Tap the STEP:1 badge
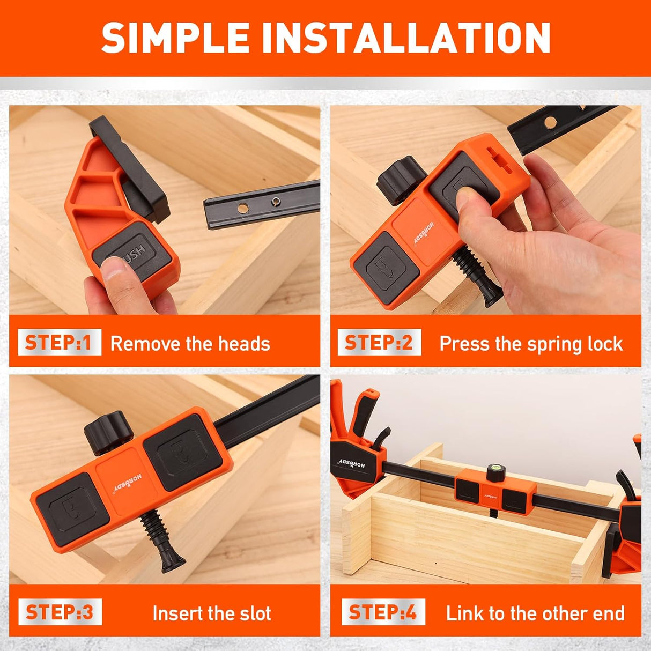59,343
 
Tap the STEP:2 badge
379,343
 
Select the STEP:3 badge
60,612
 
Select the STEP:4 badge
383,612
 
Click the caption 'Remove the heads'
190,344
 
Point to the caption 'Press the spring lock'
531,344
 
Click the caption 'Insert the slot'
212,613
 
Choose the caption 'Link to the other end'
535,613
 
